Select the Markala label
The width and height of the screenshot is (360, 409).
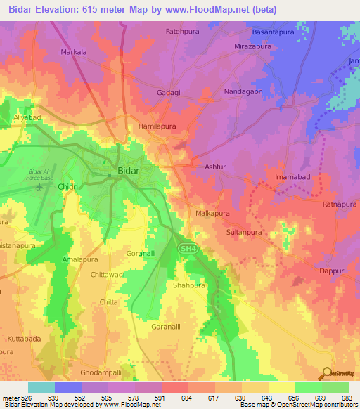[74, 52]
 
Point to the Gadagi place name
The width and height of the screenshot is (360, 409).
[168, 93]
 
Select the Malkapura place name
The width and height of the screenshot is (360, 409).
[212, 212]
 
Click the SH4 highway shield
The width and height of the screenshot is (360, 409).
[184, 248]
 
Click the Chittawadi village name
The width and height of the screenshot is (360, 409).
[108, 275]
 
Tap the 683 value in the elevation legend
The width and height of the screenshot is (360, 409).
[345, 398]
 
